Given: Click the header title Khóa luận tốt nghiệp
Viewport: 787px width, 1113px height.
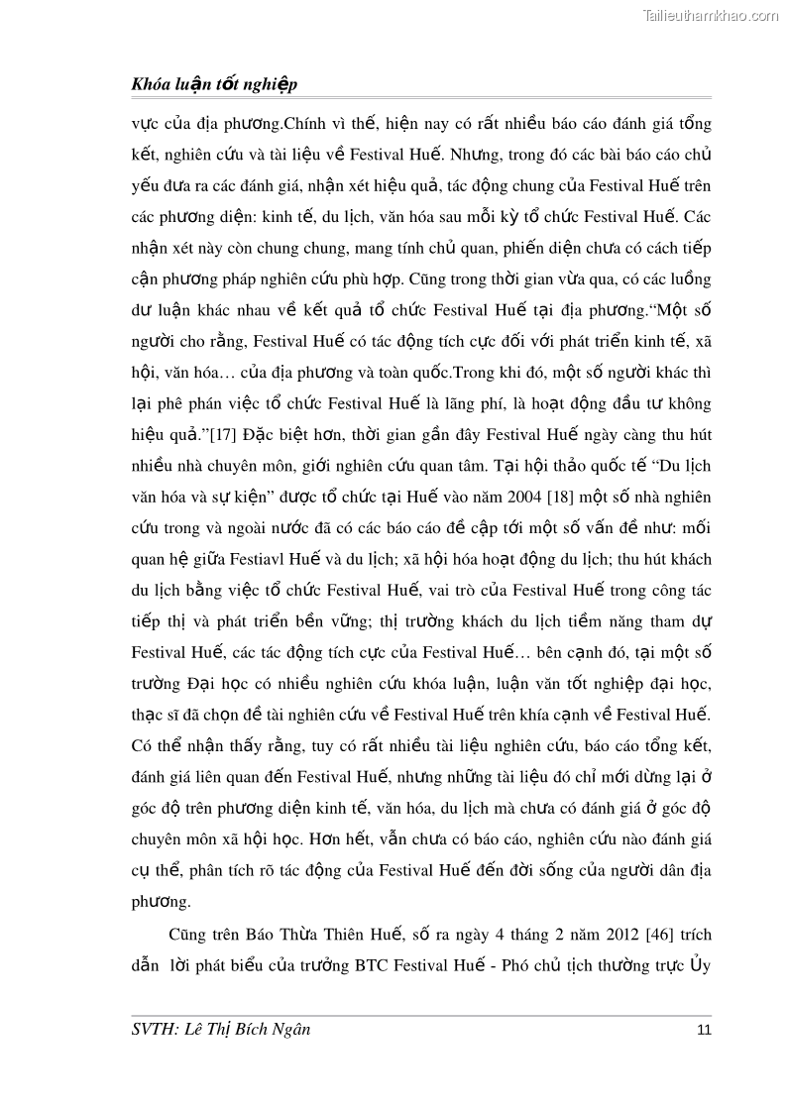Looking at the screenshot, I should point(214,85).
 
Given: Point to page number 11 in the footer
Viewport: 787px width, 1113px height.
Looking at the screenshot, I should point(704,1030).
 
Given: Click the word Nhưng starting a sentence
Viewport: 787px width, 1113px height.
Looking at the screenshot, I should point(481,155).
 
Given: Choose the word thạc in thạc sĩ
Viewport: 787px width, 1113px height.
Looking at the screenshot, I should point(149,716).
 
